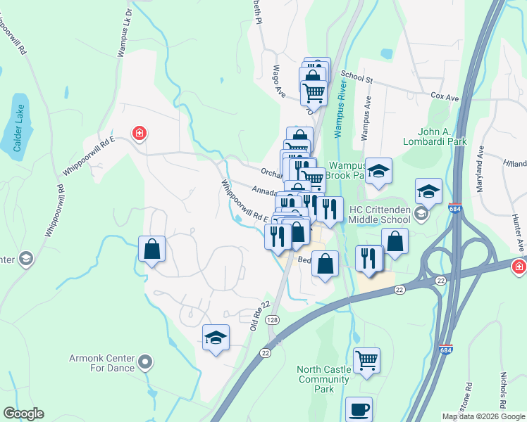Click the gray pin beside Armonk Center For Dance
tap(146, 363)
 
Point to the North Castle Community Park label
tap(323, 379)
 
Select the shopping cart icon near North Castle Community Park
tap(366, 360)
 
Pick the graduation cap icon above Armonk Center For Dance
tap(216, 338)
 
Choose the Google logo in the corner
tap(23, 414)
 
